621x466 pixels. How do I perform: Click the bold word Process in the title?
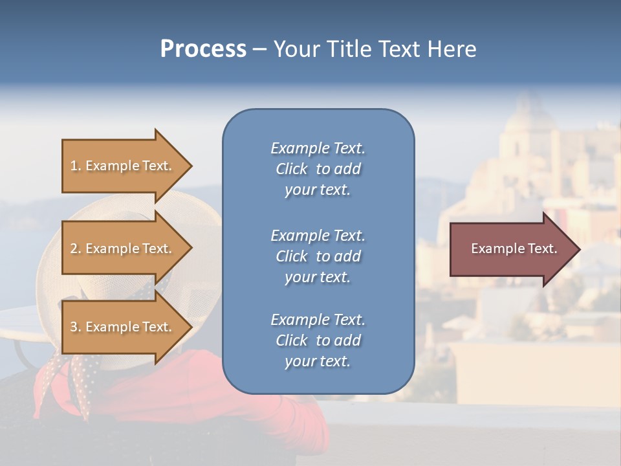click(203, 49)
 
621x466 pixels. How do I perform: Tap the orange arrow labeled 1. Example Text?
click(123, 166)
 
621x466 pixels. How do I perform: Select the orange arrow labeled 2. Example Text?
click(123, 249)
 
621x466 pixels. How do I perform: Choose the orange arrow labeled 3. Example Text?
click(123, 327)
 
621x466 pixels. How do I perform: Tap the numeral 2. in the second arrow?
click(75, 249)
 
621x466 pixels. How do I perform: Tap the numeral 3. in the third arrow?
click(75, 327)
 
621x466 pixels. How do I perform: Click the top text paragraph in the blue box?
click(318, 169)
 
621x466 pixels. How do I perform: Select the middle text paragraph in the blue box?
click(318, 256)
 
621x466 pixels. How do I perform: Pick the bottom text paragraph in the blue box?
click(318, 340)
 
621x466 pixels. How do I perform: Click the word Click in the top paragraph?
click(292, 169)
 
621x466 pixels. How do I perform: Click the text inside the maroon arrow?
click(514, 249)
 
